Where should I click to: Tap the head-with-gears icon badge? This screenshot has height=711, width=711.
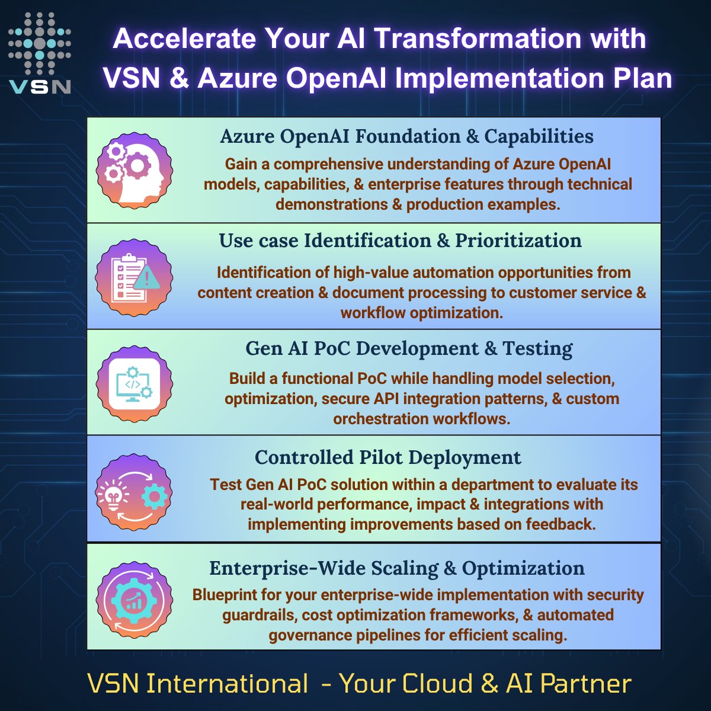point(134,170)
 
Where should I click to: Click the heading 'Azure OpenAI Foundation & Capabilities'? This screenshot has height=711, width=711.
point(406,136)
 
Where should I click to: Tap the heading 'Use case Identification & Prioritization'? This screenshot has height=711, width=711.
point(400,241)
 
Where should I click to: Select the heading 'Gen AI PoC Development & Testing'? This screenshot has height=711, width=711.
point(409,348)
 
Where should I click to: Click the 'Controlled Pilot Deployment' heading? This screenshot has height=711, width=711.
point(387,457)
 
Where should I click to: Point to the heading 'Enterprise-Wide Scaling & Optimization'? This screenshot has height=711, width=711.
point(396,568)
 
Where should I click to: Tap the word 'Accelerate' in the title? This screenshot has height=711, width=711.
point(183,39)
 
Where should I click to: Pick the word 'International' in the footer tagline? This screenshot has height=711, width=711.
point(227,683)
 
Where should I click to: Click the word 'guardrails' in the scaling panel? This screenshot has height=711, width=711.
point(258,615)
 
